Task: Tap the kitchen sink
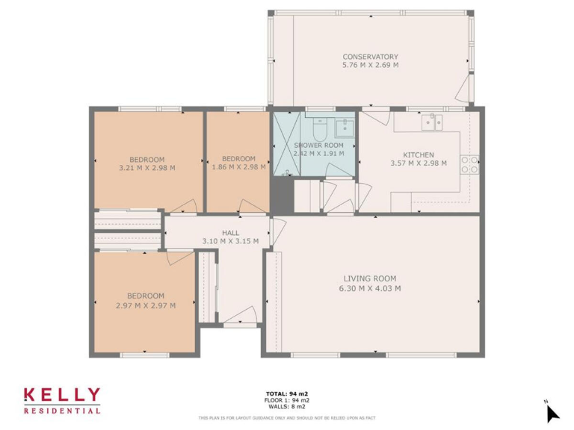431,121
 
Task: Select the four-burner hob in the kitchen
470,164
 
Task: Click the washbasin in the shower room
345,125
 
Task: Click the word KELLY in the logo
62,395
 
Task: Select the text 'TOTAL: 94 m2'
288,393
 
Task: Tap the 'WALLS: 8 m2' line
288,407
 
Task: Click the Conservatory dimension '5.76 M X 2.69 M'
370,66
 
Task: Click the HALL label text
230,233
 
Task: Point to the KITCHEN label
418,155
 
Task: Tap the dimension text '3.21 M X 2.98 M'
146,167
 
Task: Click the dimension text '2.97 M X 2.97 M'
146,305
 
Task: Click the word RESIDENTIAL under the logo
62,410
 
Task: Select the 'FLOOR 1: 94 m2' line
288,400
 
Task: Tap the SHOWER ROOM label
318,145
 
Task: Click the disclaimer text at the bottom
287,418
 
